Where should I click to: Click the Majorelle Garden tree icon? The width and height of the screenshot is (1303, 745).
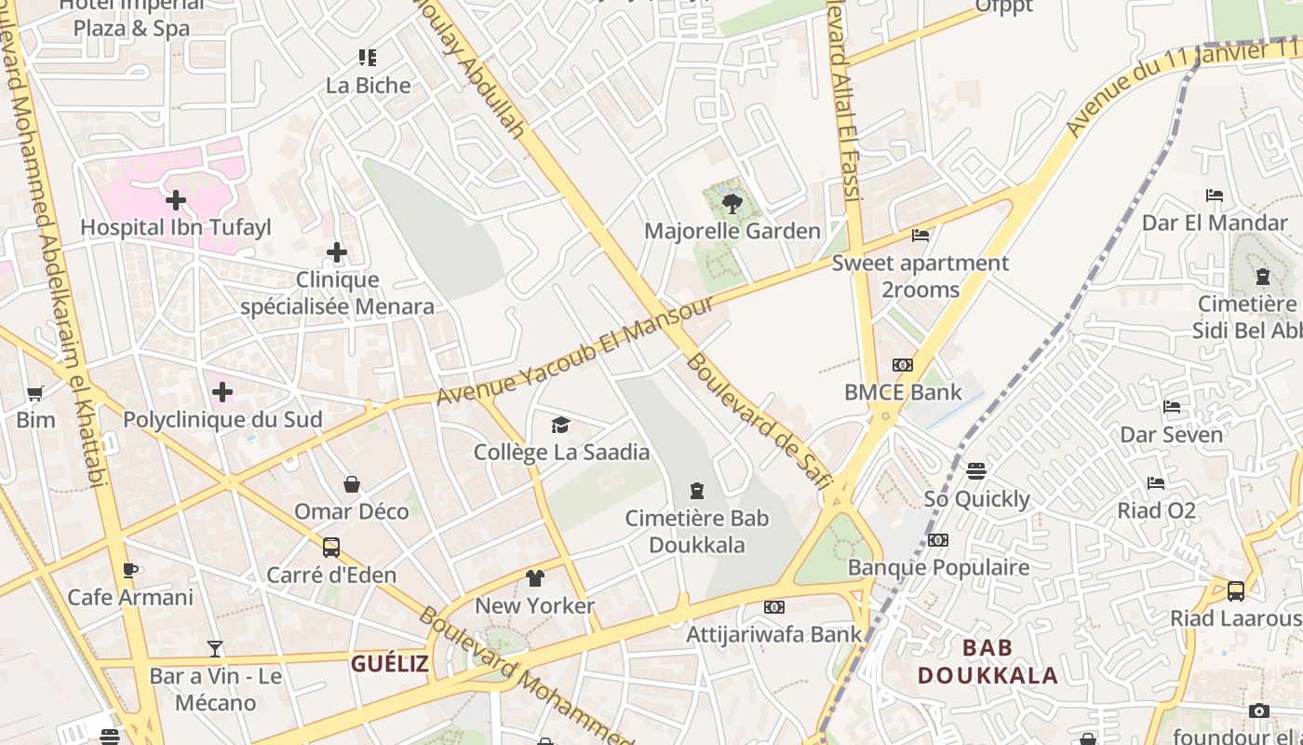(732, 203)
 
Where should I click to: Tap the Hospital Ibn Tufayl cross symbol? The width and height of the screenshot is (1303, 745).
(176, 200)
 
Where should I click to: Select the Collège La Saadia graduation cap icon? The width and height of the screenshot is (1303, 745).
(560, 426)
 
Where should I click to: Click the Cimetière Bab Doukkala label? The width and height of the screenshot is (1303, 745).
(697, 531)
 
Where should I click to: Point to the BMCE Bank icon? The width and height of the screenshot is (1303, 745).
(903, 365)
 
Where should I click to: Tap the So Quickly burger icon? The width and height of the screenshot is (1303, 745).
(976, 471)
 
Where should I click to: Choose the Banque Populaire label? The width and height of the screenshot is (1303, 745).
(938, 567)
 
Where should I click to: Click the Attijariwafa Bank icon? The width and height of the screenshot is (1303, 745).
(773, 607)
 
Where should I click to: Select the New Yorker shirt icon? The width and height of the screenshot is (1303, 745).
(534, 578)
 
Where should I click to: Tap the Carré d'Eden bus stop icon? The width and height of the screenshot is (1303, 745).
(331, 548)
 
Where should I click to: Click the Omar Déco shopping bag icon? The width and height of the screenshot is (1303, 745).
(352, 484)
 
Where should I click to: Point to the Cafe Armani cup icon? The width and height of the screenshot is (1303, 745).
(130, 570)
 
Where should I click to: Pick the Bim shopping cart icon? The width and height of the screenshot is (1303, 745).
(35, 393)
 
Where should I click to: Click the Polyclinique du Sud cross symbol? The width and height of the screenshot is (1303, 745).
(222, 392)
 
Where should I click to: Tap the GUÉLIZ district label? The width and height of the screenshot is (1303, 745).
(389, 663)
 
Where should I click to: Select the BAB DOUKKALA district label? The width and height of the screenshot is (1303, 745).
(987, 661)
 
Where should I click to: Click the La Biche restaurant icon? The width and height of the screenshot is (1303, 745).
(368, 58)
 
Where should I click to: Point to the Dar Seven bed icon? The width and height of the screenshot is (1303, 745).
(1172, 407)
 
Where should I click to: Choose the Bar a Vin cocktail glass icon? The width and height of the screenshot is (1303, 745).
(215, 648)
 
